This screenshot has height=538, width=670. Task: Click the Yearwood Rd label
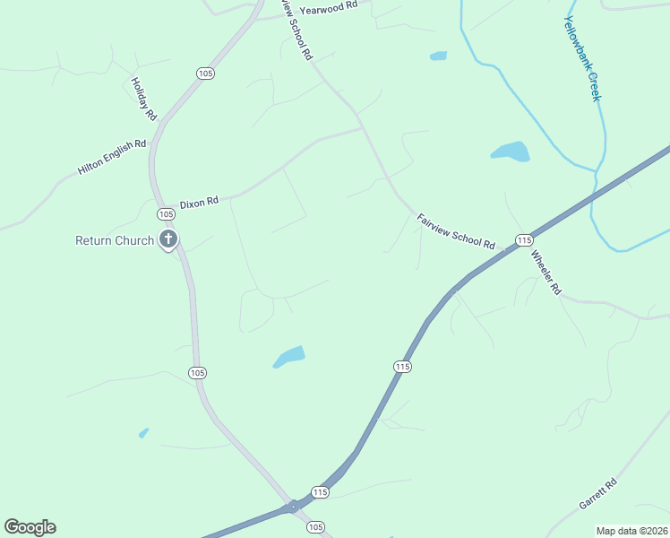pyautogui.click(x=329, y=7)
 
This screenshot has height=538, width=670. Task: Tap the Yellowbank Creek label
pyautogui.click(x=581, y=58)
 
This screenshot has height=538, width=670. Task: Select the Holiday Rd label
pyautogui.click(x=143, y=99)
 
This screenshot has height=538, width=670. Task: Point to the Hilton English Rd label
pyautogui.click(x=112, y=156)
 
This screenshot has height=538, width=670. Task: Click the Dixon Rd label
pyautogui.click(x=199, y=204)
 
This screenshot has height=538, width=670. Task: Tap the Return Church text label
pyautogui.click(x=115, y=240)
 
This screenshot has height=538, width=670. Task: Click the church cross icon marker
pyautogui.click(x=167, y=239)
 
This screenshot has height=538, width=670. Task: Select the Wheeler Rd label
pyautogui.click(x=545, y=273)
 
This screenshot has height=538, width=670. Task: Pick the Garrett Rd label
pyautogui.click(x=598, y=494)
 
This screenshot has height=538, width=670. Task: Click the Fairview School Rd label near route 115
pyautogui.click(x=456, y=231)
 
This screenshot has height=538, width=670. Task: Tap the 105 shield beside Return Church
pyautogui.click(x=166, y=214)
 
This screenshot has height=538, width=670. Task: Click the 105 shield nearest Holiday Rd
pyautogui.click(x=205, y=74)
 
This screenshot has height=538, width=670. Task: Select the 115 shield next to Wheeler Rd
pyautogui.click(x=524, y=239)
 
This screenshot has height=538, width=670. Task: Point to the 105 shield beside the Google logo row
pyautogui.click(x=315, y=527)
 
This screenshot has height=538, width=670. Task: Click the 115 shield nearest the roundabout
pyautogui.click(x=320, y=491)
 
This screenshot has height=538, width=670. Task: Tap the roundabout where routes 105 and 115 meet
pyautogui.click(x=293, y=507)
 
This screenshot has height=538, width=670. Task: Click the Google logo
pyautogui.click(x=30, y=527)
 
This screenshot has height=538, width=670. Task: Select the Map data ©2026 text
pyautogui.click(x=631, y=531)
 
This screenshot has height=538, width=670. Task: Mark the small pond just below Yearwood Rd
pyautogui.click(x=438, y=56)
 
